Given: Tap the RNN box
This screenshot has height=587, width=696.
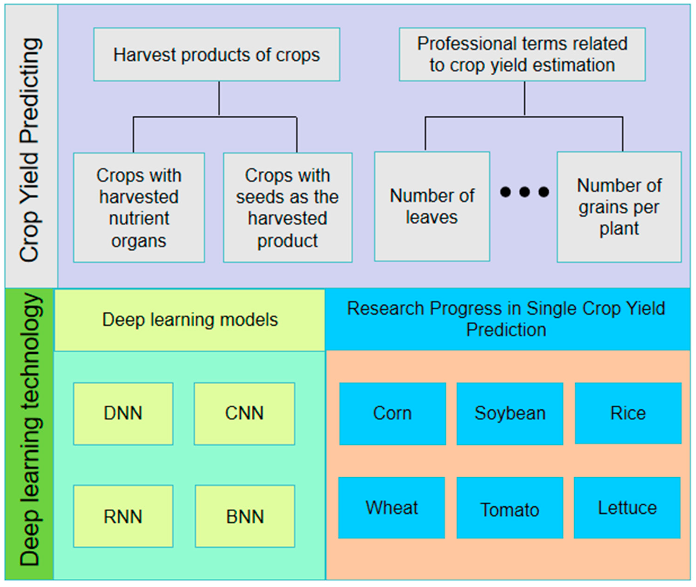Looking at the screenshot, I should (123, 517).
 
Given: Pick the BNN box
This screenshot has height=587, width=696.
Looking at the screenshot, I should (245, 517).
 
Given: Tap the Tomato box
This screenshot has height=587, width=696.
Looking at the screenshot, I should (510, 509).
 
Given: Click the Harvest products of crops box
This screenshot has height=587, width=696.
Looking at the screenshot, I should (217, 55).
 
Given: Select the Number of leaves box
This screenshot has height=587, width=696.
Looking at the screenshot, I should (432, 206).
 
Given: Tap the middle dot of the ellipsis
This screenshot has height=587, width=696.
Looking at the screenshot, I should (524, 192).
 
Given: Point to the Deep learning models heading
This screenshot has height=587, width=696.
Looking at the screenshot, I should (190, 320).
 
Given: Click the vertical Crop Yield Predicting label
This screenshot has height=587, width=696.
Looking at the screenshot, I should (31, 150).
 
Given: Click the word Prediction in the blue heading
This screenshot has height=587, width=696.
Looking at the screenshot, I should (506, 330).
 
